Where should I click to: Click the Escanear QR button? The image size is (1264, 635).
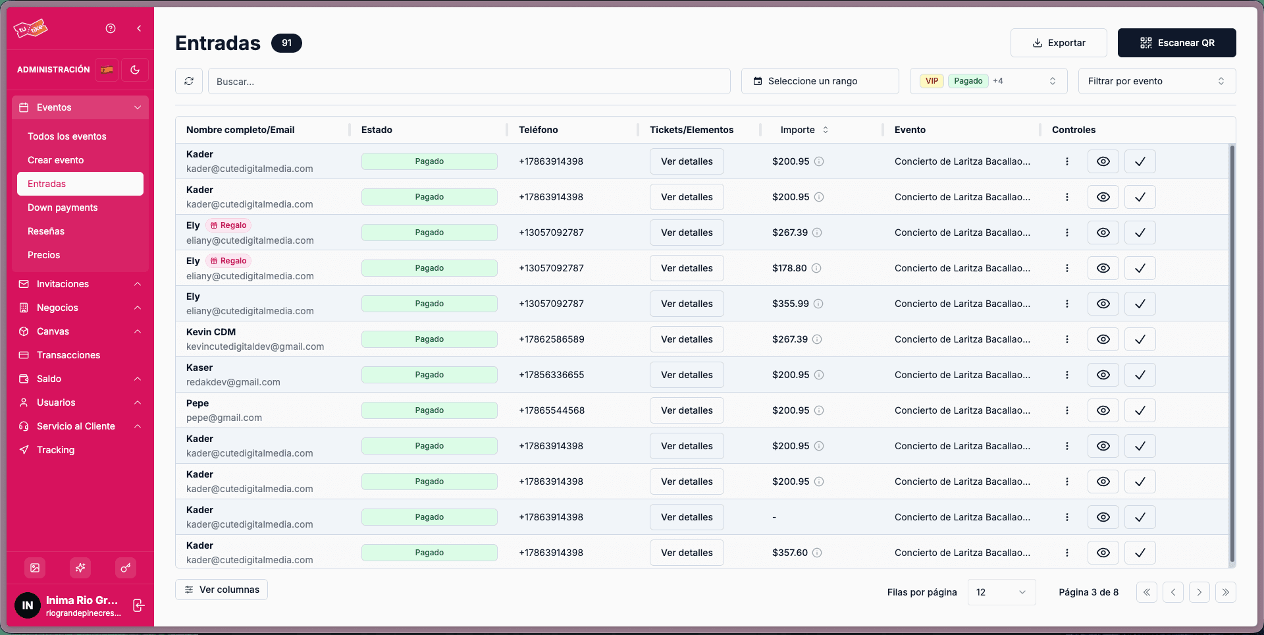[1176, 43]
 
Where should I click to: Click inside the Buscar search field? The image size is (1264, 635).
[469, 81]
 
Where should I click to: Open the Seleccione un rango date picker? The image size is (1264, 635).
[820, 81]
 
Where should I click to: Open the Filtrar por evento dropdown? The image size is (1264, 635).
[1157, 81]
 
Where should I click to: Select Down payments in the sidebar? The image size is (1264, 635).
[63, 207]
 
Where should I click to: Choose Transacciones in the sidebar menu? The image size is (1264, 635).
[68, 355]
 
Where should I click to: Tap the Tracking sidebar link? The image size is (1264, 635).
[55, 450]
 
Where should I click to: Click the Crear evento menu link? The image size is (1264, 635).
[55, 160]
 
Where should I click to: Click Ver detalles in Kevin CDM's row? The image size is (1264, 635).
[687, 339]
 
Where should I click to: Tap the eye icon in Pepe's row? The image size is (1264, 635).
[1103, 410]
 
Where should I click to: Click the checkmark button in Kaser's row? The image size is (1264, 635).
[1140, 375]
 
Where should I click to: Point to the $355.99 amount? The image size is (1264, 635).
[790, 304]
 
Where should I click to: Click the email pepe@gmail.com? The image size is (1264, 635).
[224, 418]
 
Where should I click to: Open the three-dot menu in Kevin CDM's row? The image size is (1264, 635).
[1067, 339]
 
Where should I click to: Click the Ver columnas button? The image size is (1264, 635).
[221, 590]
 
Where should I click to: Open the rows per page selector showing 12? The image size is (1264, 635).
[1001, 592]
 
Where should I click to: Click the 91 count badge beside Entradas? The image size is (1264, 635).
[286, 43]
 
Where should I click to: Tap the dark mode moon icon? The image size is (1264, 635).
[135, 70]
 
